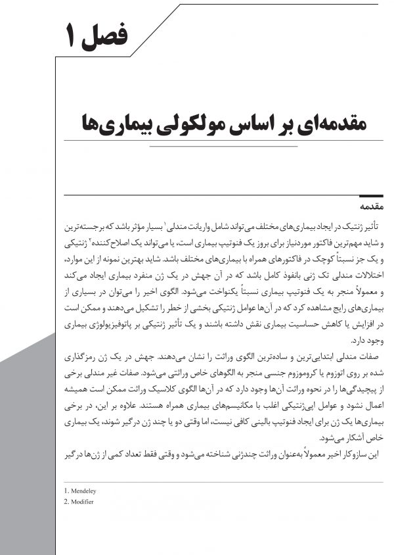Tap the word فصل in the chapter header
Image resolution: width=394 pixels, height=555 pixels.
pos(109,34)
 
